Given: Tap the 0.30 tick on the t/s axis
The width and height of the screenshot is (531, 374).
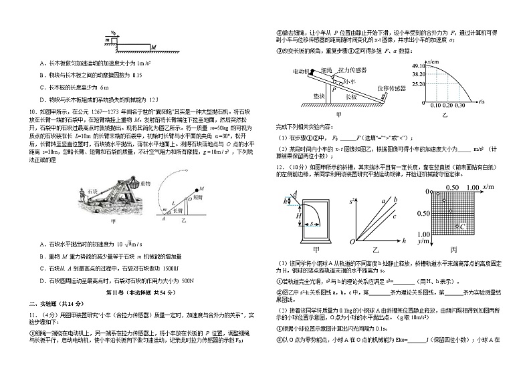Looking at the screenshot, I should click(459, 105).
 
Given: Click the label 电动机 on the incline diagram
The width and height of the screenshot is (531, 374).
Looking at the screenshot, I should click(301, 70).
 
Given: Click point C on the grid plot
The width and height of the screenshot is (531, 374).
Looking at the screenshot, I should click(463, 227).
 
